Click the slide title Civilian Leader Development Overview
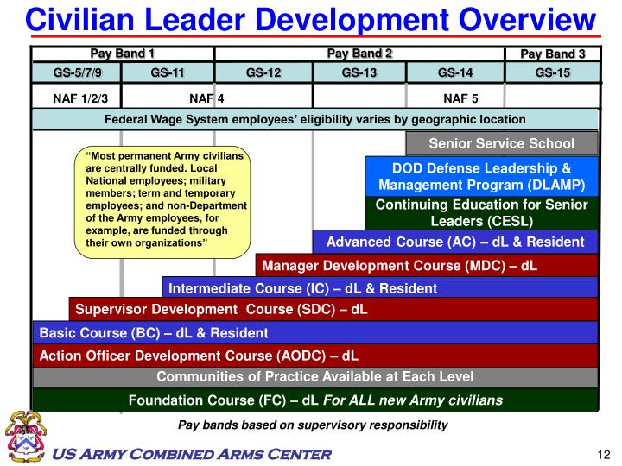point(311,18)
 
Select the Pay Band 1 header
point(123,54)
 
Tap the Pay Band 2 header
point(359,54)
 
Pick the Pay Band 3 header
point(552,54)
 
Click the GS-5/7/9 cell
point(77,72)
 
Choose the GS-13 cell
point(359,72)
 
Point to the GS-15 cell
point(552,72)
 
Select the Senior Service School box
point(501,142)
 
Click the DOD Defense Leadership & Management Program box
point(482,176)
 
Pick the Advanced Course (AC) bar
point(455,242)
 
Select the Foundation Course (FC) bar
point(315,400)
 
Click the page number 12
point(604,455)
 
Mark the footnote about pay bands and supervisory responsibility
point(313,425)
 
